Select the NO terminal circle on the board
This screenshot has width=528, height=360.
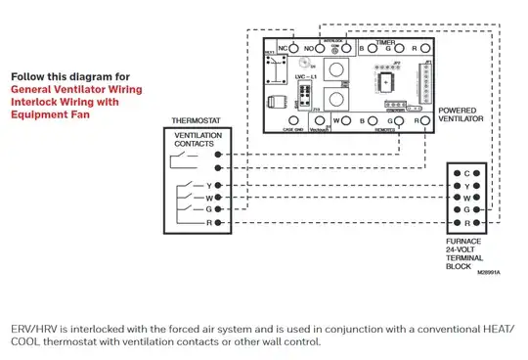pos(321,48)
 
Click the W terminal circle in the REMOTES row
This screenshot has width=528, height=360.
pos(350,121)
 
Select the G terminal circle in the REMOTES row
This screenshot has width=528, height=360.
pos(403,121)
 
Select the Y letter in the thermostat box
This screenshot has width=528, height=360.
pos(207,185)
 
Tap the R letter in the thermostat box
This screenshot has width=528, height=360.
pos(207,223)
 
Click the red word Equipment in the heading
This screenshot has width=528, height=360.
pos(40,113)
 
